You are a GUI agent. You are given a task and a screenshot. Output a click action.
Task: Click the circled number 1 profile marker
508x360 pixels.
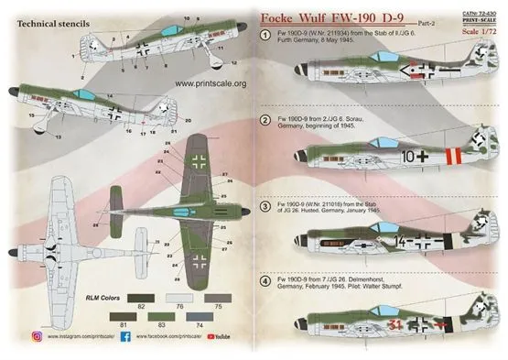[265, 33]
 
